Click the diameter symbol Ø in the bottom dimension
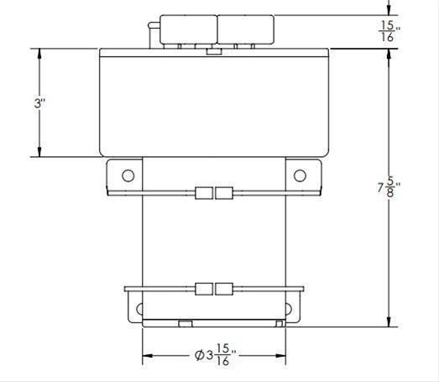(198, 356)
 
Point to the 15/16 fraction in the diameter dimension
(222, 356)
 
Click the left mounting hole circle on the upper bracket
(128, 175)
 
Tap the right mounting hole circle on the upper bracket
(299, 175)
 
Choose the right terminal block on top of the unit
(245, 30)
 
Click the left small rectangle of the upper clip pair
(203, 193)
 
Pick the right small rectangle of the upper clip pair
(223, 193)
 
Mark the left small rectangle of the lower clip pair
(203, 290)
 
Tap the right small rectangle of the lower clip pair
(223, 290)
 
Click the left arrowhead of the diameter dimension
(148, 356)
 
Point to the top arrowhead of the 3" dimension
(39, 52)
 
